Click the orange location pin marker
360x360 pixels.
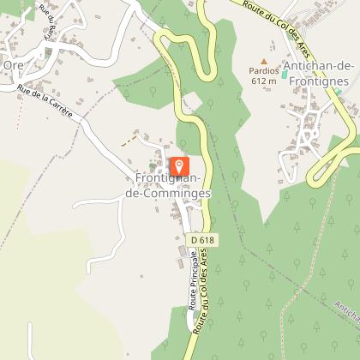pos(179,165)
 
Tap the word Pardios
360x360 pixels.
pos(264,71)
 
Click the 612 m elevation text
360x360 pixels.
pos(263,81)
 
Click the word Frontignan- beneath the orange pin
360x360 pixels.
pos(168,179)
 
